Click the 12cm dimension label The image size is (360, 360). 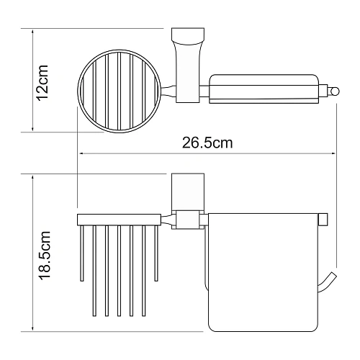pyautogui.click(x=43, y=80)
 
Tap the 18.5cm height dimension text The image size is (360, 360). pyautogui.click(x=43, y=255)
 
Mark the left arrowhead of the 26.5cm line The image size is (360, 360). pyautogui.click(x=80, y=153)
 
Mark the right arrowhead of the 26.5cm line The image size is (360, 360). pyautogui.click(x=336, y=153)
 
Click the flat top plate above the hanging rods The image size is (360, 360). pyautogui.click(x=119, y=219)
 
